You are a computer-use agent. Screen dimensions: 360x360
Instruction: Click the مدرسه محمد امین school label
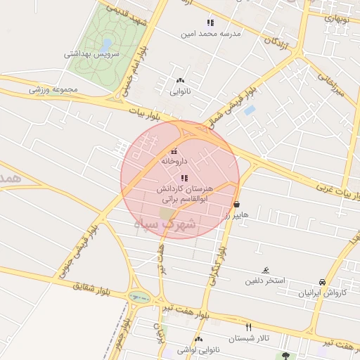point(211,33)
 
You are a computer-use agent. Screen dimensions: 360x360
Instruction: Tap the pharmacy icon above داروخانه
point(174,150)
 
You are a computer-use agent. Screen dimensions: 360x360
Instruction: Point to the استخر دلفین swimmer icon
point(265,271)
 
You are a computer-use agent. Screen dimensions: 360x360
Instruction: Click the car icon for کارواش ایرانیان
point(322,281)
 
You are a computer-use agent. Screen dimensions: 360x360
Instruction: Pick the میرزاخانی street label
point(331,91)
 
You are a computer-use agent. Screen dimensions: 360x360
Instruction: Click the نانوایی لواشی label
point(179,348)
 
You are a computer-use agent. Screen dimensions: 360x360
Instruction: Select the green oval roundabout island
point(139,298)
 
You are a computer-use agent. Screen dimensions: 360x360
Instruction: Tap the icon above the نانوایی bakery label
point(180,81)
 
